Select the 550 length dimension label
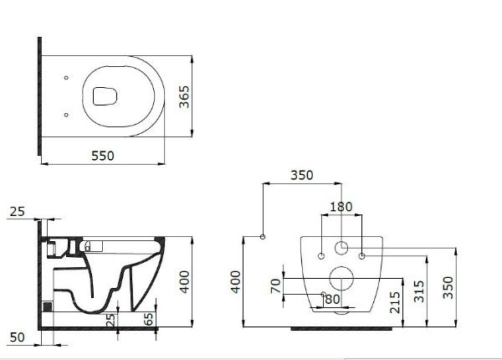click(x=103, y=155)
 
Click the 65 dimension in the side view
click(x=148, y=319)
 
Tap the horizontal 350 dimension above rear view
click(x=303, y=177)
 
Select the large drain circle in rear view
click(x=341, y=280)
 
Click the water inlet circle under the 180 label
click(x=341, y=248)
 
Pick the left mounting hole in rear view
click(x=321, y=253)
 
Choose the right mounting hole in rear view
click(x=361, y=253)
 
